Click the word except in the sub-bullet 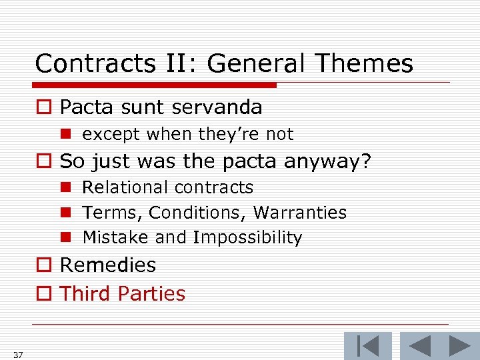(x=111, y=134)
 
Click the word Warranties (x=300, y=213)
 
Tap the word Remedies (x=108, y=265)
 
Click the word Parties (x=155, y=294)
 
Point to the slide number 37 (x=17, y=355)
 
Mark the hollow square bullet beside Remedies (x=43, y=266)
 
